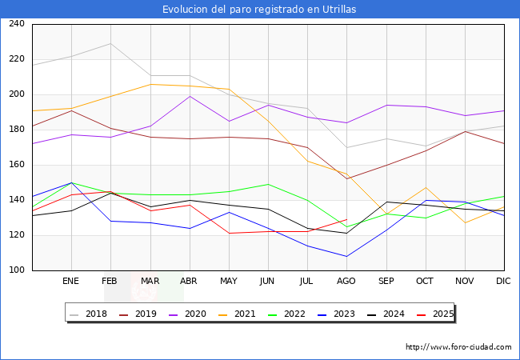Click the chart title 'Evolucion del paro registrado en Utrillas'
259,10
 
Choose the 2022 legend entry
292,314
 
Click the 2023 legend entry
341,314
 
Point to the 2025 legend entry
441,314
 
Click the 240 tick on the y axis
17,24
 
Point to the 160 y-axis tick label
17,165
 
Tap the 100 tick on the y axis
17,270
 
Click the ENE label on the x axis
71,282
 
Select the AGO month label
346,282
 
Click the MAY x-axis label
229,282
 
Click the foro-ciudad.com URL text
458,347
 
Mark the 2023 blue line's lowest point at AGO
346,256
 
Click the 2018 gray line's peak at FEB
110,43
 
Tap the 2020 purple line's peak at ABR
190,96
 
